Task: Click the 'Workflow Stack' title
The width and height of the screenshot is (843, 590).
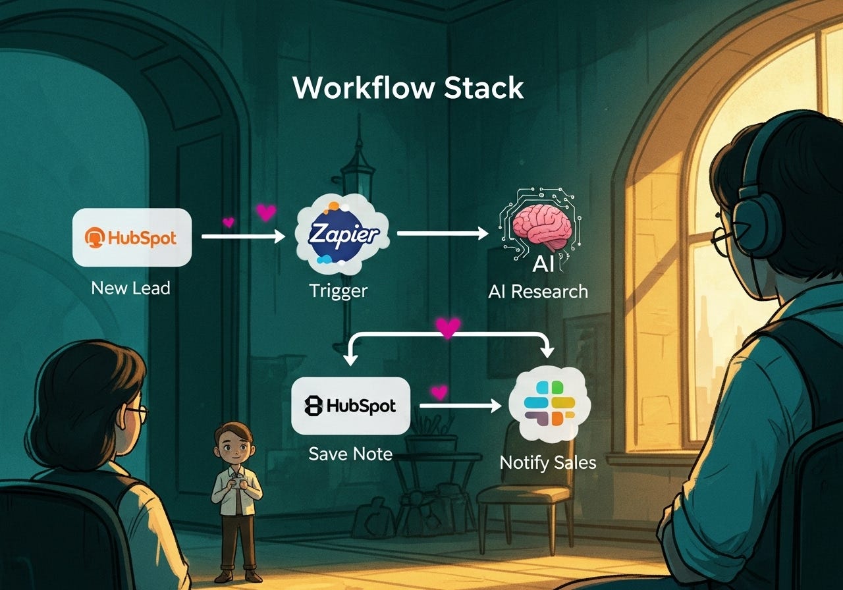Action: click(x=408, y=88)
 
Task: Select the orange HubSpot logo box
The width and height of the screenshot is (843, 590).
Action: click(x=132, y=237)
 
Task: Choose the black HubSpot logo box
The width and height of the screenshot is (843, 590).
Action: click(x=350, y=406)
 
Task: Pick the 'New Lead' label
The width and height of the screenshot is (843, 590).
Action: click(x=130, y=288)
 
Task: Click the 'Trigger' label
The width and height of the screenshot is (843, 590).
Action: click(x=338, y=290)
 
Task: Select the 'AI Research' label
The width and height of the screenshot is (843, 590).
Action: click(x=538, y=291)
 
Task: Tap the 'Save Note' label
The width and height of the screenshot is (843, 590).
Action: click(x=350, y=454)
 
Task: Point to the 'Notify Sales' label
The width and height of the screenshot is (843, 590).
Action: click(x=547, y=462)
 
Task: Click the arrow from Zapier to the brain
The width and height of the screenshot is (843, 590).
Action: click(x=443, y=233)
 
